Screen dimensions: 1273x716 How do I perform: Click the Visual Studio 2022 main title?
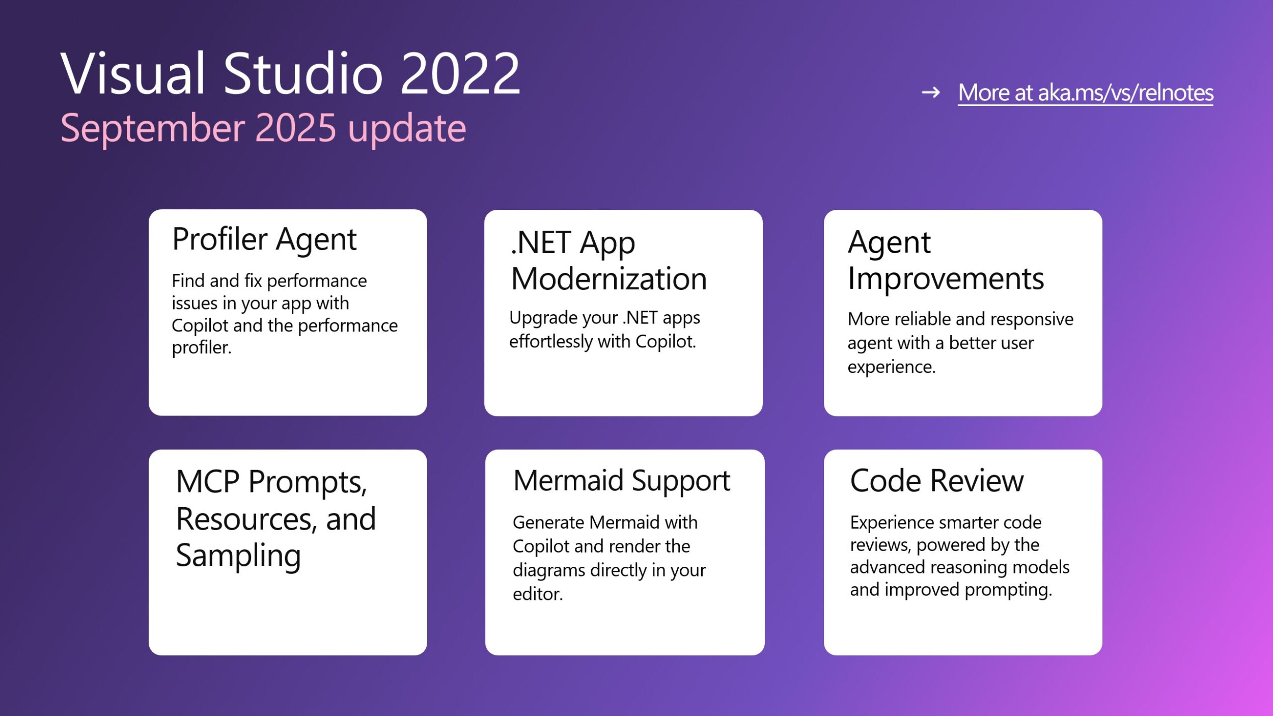(x=290, y=73)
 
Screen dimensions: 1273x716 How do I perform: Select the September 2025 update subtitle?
(x=263, y=128)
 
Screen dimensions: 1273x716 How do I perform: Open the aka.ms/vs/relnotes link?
(x=1086, y=93)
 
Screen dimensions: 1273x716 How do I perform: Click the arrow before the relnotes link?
(x=931, y=93)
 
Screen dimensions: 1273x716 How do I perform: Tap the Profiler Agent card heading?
(x=264, y=239)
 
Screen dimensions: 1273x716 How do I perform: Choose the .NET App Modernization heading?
(x=609, y=261)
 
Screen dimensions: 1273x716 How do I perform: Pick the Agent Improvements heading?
(x=946, y=260)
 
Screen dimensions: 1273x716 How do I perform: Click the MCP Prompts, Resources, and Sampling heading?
(x=276, y=519)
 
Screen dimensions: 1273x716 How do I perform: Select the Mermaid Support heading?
(x=622, y=481)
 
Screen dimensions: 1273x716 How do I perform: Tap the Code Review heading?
(x=937, y=481)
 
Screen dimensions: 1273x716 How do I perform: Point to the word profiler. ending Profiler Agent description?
(x=202, y=348)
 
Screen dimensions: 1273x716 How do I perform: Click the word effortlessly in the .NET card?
(x=550, y=342)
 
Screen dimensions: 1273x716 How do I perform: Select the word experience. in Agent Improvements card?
(x=892, y=367)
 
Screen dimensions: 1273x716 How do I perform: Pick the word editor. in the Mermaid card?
(x=538, y=594)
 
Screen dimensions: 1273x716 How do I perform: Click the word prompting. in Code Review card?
(x=1008, y=590)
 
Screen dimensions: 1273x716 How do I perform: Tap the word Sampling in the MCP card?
(x=238, y=556)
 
